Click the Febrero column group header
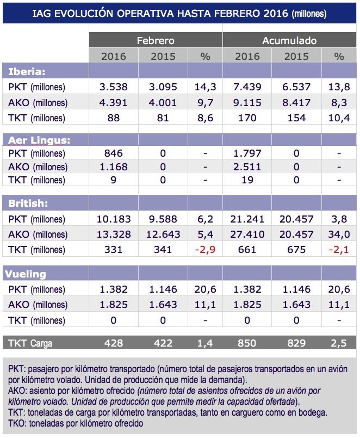point(156,41)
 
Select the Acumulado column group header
point(289,41)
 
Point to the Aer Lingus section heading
point(40,140)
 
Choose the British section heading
point(28,203)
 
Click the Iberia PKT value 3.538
point(114,87)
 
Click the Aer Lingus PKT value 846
point(114,154)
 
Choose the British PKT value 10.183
point(114,219)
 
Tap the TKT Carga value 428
point(114,343)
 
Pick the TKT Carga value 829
point(296,343)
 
